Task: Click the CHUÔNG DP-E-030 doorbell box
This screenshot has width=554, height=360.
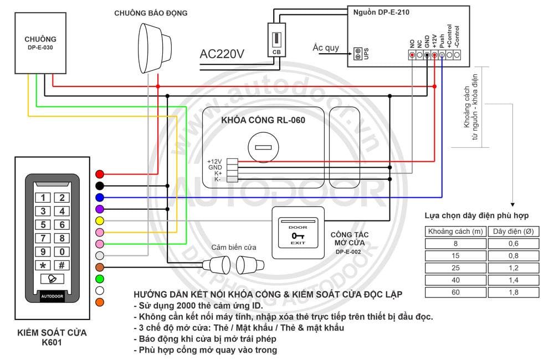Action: point(40,43)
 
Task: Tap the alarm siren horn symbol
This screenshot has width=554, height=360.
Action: point(154,48)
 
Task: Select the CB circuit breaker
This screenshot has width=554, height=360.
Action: point(276,40)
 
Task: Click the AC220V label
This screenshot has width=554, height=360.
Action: point(222,54)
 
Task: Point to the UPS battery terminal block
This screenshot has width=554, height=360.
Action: point(358,54)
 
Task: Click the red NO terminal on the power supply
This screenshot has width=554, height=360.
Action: point(412,55)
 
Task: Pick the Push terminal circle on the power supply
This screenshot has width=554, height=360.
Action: point(442,55)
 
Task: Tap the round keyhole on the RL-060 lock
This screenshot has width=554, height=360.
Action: point(263,147)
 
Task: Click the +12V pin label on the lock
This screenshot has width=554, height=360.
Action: point(214,162)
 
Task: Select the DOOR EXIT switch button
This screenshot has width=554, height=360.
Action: point(298,233)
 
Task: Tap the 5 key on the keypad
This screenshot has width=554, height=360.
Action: point(43,225)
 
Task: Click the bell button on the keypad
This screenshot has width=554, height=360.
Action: point(52,279)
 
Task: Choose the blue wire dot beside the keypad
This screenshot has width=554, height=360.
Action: point(100,198)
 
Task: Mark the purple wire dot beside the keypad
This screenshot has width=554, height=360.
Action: point(100,209)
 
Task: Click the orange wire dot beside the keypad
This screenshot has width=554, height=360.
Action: point(100,302)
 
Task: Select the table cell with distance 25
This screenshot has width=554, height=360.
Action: point(455,268)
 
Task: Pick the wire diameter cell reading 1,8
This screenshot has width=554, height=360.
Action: point(514,292)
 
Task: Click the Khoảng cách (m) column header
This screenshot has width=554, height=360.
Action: point(455,232)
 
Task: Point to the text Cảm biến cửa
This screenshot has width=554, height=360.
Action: point(234,248)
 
